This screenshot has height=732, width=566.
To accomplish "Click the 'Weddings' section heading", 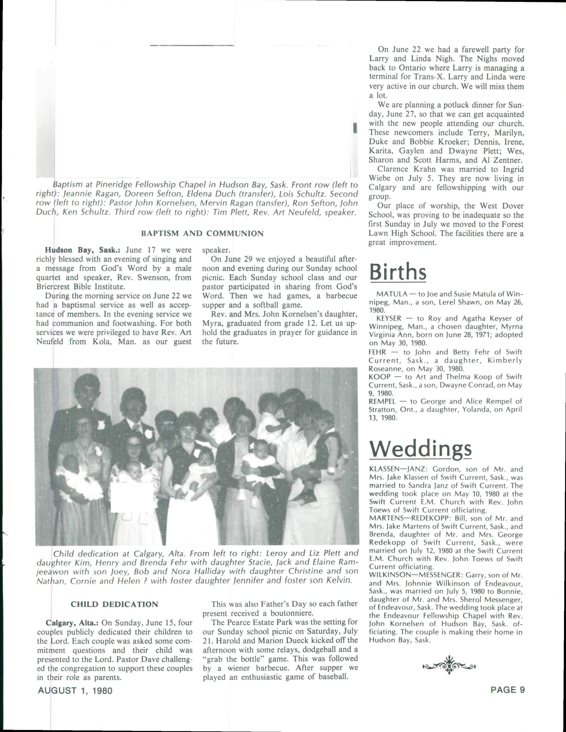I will click(420, 448).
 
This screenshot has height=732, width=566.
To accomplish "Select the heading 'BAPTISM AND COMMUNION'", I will click(202, 234).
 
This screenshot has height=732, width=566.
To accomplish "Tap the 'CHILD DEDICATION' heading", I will click(114, 604).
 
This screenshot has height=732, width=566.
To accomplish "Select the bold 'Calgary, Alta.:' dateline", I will click(72, 623).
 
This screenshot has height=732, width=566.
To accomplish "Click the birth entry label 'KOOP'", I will click(379, 377).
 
